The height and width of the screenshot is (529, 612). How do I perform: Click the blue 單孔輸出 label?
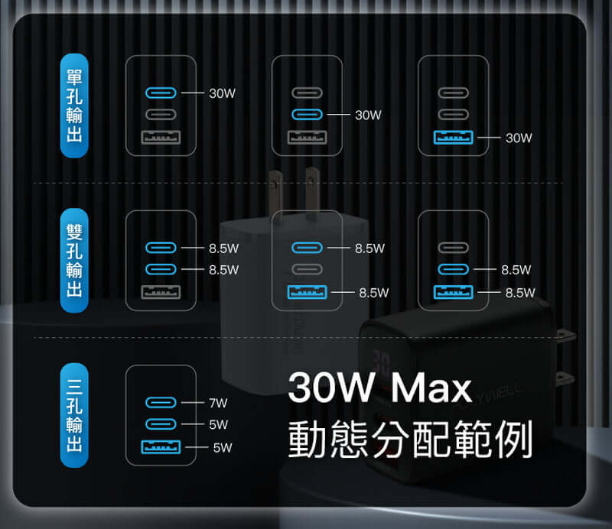click(x=74, y=105)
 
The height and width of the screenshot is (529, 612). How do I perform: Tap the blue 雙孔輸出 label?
click(x=74, y=261)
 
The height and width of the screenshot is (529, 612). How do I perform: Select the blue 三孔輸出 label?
click(x=74, y=415)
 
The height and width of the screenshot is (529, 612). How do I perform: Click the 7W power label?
click(x=218, y=402)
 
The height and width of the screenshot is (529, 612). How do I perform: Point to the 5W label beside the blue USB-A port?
click(x=222, y=448)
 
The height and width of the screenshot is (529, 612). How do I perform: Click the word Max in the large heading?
click(x=431, y=388)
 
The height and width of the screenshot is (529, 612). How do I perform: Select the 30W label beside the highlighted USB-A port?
click(x=518, y=138)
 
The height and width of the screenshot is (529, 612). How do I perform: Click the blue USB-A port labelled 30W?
click(x=454, y=138)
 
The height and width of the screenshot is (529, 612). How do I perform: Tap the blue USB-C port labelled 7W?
click(x=161, y=402)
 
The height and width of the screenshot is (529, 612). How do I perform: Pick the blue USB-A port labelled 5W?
click(x=161, y=448)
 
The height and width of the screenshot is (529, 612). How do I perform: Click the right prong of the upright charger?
click(x=311, y=191)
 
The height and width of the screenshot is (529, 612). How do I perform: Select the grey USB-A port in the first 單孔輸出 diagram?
click(x=161, y=138)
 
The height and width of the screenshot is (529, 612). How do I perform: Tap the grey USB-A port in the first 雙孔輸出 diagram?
click(x=161, y=293)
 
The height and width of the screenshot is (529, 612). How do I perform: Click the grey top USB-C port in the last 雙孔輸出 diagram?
click(x=454, y=248)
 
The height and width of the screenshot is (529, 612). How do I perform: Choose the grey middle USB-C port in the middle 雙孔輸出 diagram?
click(x=308, y=270)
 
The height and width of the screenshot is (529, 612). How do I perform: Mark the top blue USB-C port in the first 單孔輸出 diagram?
click(x=161, y=93)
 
